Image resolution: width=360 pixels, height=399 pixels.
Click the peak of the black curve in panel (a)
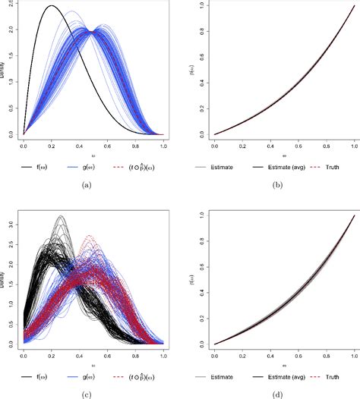pos(52,6)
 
